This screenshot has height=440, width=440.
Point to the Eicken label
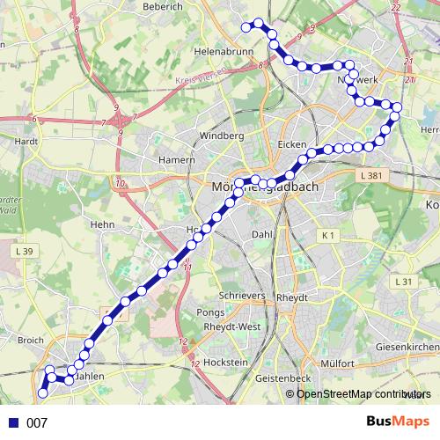(290, 143)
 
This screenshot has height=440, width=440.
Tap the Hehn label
(103, 225)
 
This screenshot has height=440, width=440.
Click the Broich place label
(30, 339)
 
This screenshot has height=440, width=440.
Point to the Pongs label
(210, 312)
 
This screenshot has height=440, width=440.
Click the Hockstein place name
(225, 363)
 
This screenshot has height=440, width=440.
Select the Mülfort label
(336, 363)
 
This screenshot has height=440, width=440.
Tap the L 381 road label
(372, 176)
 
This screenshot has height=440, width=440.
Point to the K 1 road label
(328, 235)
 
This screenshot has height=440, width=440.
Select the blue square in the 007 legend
(14, 423)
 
